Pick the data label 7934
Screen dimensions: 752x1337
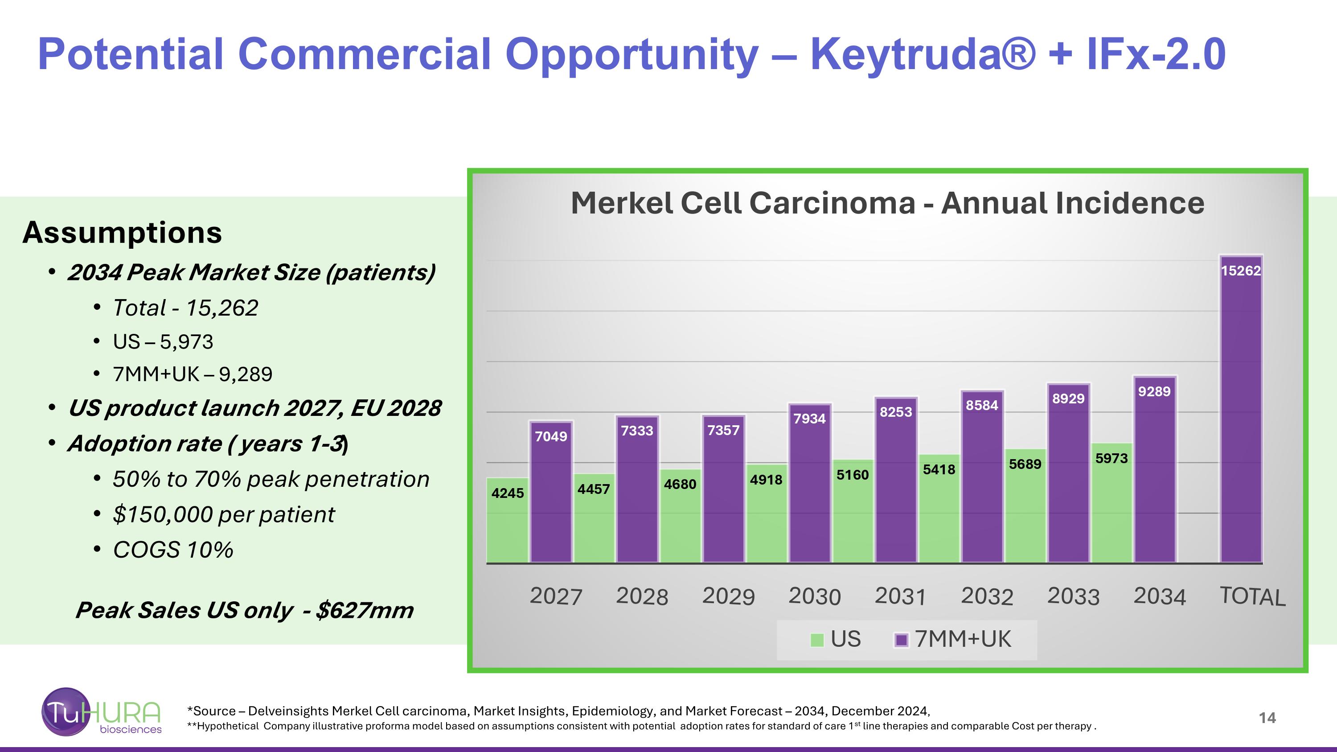[809, 419]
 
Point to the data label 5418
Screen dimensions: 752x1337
[939, 470]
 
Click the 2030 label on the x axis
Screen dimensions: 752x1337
[814, 596]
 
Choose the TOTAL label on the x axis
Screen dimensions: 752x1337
[1252, 596]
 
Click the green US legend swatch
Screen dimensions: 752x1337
[817, 640]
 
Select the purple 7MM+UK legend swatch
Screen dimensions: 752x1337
[902, 640]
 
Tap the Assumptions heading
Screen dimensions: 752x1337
[122, 233]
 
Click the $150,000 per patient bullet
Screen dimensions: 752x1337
[224, 515]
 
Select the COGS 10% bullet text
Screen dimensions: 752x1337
[173, 550]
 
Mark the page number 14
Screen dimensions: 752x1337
[1267, 718]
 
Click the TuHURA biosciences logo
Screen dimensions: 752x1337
[102, 712]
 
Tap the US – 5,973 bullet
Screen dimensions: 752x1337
[163, 342]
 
